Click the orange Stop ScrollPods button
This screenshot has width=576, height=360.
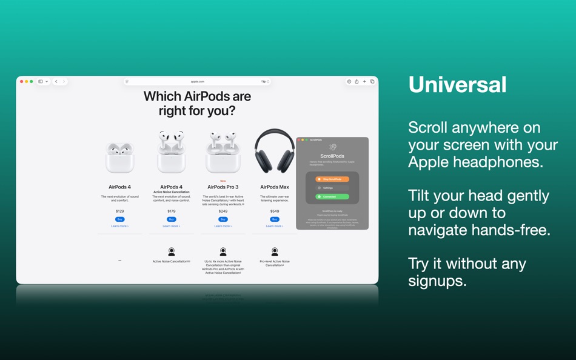coord(332,179)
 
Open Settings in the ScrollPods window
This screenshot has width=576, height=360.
coord(332,188)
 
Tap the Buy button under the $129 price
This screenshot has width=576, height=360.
coord(119,219)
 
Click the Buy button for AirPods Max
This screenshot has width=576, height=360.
coord(275,219)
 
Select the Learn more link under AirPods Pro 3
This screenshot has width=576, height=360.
coord(223,226)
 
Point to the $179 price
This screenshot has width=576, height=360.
coord(171,212)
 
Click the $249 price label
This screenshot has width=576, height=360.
coord(223,212)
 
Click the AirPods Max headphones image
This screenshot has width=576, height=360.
coord(275,151)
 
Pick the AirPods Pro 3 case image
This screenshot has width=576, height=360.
coord(223,152)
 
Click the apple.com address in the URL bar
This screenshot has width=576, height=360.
coord(198,81)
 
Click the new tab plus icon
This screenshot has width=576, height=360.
coord(364,81)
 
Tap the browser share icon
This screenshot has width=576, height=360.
coord(357,81)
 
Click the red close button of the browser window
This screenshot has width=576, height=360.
coord(22,81)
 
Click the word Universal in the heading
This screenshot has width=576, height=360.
coord(457,85)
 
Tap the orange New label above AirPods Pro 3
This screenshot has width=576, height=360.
coord(223,181)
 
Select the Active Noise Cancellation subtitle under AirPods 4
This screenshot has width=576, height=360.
coord(171,192)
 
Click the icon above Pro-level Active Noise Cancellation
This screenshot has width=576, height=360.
coord(275,251)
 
